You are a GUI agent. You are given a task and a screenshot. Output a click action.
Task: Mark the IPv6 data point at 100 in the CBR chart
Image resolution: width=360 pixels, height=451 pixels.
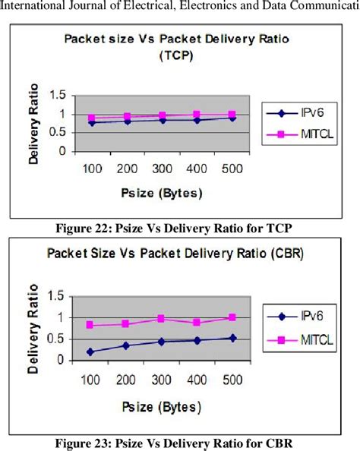pos(90,352)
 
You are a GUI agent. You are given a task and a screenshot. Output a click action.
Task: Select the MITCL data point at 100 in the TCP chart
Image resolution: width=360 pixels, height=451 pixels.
pos(92,118)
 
